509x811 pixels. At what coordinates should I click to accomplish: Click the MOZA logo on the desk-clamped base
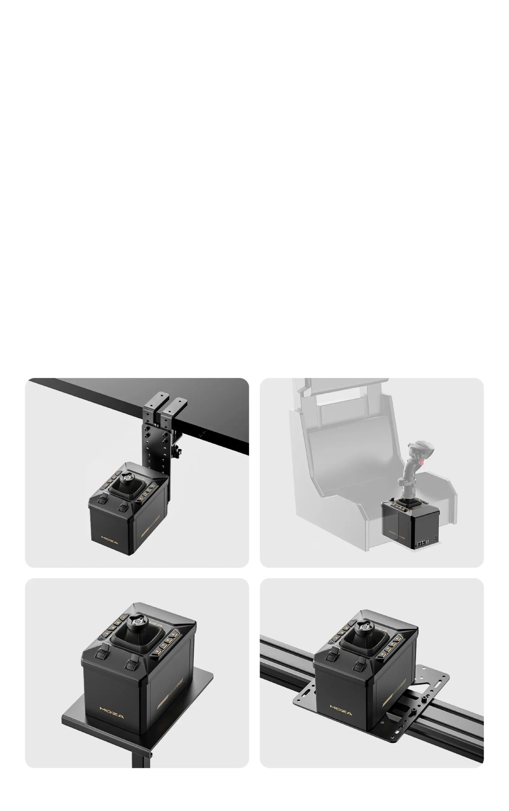pyautogui.click(x=110, y=540)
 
